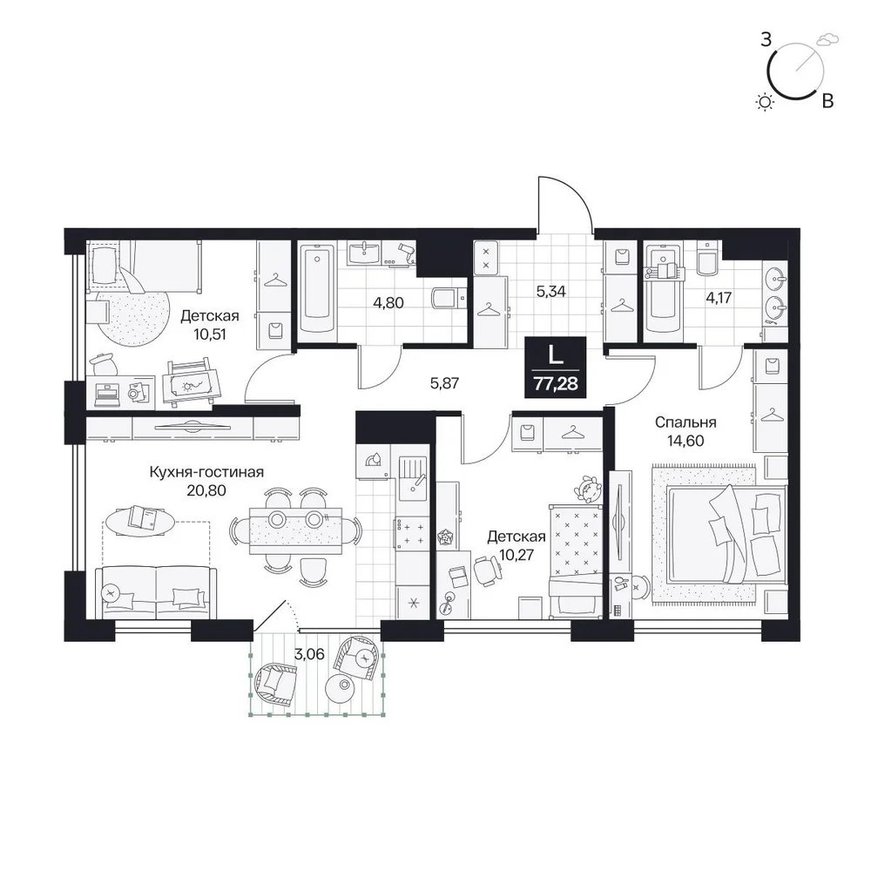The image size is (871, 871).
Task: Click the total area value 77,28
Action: tap(555, 382)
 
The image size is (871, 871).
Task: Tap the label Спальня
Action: tap(685, 422)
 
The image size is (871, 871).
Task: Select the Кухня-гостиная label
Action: tap(206, 472)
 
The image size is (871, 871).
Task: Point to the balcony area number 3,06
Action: tap(309, 654)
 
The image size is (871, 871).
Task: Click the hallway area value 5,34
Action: tap(551, 291)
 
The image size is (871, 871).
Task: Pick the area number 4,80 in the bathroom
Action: tap(388, 303)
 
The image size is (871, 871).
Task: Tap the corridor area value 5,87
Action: tap(444, 382)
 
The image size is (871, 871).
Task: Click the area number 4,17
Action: tap(719, 297)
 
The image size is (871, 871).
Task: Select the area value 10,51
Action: tap(211, 335)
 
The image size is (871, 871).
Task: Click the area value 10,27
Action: tap(517, 555)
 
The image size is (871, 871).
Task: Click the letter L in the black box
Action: tap(555, 354)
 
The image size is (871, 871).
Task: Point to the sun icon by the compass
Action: tap(766, 102)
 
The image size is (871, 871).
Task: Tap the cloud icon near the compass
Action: tap(828, 38)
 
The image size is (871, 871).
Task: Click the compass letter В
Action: tap(827, 101)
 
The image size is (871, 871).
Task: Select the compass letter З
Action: tap(766, 40)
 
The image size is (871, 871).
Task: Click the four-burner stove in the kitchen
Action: tap(410, 533)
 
